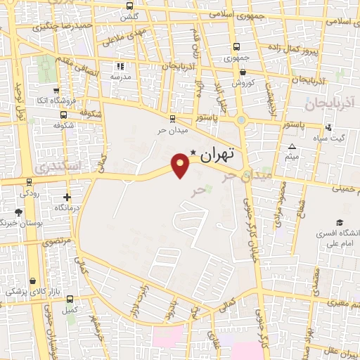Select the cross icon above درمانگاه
coord(67,198)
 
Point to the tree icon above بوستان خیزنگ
coord(18,212)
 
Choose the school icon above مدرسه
coord(120,66)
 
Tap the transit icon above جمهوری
coord(237,47)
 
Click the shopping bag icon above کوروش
coord(243,72)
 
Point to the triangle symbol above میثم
coord(292,147)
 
